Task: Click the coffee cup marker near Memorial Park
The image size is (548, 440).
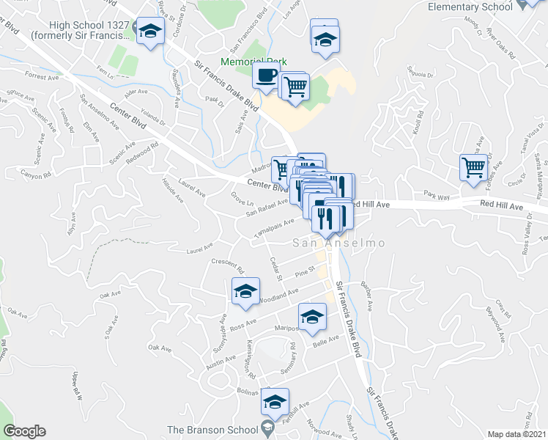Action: tap(266, 76)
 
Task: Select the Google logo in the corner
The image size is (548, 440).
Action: tap(24, 431)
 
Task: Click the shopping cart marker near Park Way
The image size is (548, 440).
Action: tap(473, 167)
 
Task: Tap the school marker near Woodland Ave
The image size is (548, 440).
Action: tap(246, 292)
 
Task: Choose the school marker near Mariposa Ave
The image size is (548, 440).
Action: tap(312, 316)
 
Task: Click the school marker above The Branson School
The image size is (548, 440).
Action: tap(275, 402)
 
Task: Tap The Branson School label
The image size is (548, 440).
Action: tap(213, 430)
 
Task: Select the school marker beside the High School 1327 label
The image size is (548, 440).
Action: tap(151, 32)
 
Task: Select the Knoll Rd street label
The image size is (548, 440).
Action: tap(418, 122)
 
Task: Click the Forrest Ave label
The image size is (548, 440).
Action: tap(40, 76)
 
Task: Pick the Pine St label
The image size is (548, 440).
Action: tap(304, 272)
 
